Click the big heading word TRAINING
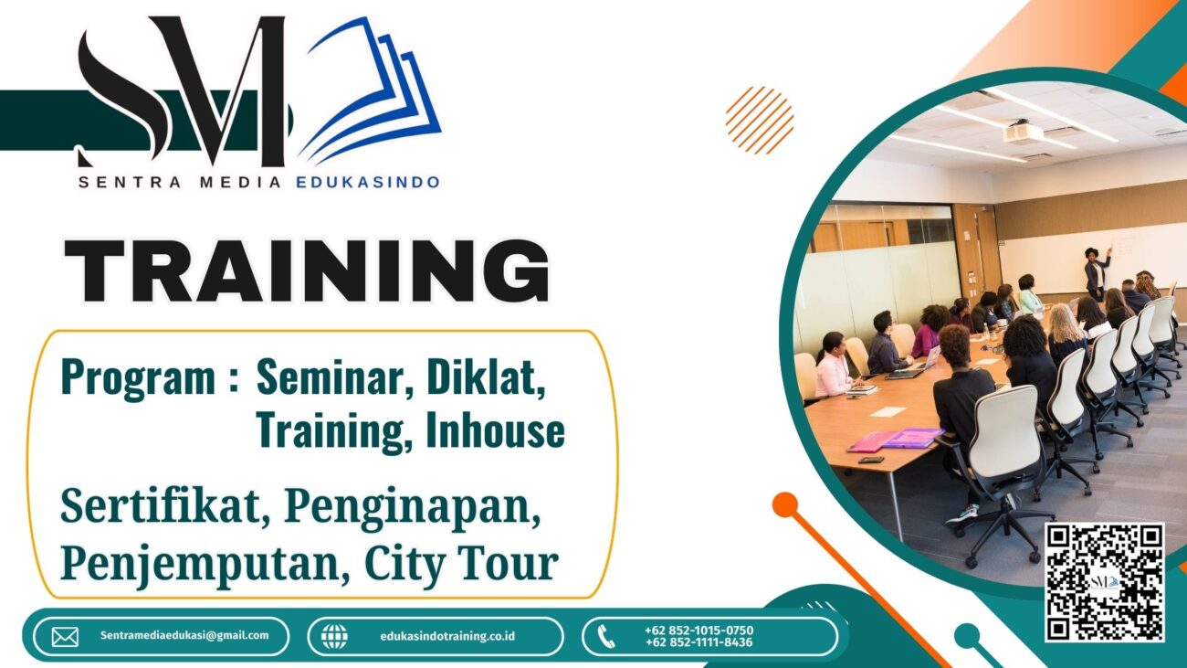click(x=307, y=270)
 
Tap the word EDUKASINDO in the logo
click(x=368, y=183)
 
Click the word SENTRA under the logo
click(x=130, y=183)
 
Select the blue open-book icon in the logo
click(x=371, y=90)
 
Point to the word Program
click(x=138, y=376)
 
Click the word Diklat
click(x=486, y=377)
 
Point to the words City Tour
click(x=461, y=564)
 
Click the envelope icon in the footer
click(x=65, y=637)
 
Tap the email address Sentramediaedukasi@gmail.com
click(x=184, y=636)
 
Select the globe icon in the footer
click(x=335, y=637)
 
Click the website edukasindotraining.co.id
click(x=447, y=636)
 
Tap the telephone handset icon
click(x=606, y=637)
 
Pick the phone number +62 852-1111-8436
click(x=699, y=642)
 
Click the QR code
click(x=1105, y=582)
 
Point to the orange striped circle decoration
click(x=760, y=121)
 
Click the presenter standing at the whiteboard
click(x=1096, y=273)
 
